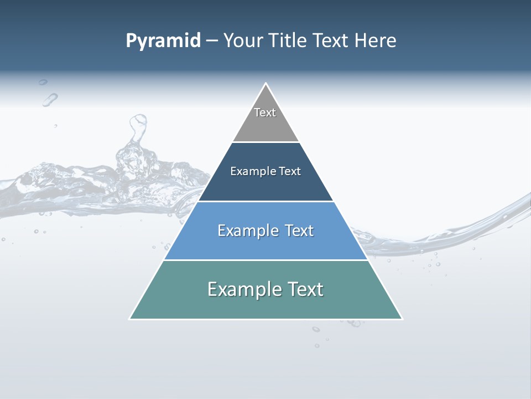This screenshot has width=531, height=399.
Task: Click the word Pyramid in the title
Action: pos(163,41)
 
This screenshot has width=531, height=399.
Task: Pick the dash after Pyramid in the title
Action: pos(212,41)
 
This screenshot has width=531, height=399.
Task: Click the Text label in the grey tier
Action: pos(265,112)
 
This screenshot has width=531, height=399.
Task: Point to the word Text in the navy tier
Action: pos(290,171)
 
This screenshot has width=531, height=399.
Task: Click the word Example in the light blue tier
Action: pos(247,231)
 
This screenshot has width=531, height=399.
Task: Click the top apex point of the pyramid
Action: pos(265,84)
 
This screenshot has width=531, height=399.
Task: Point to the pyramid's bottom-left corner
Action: pos(131,318)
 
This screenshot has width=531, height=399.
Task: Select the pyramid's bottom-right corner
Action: pos(401,318)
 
